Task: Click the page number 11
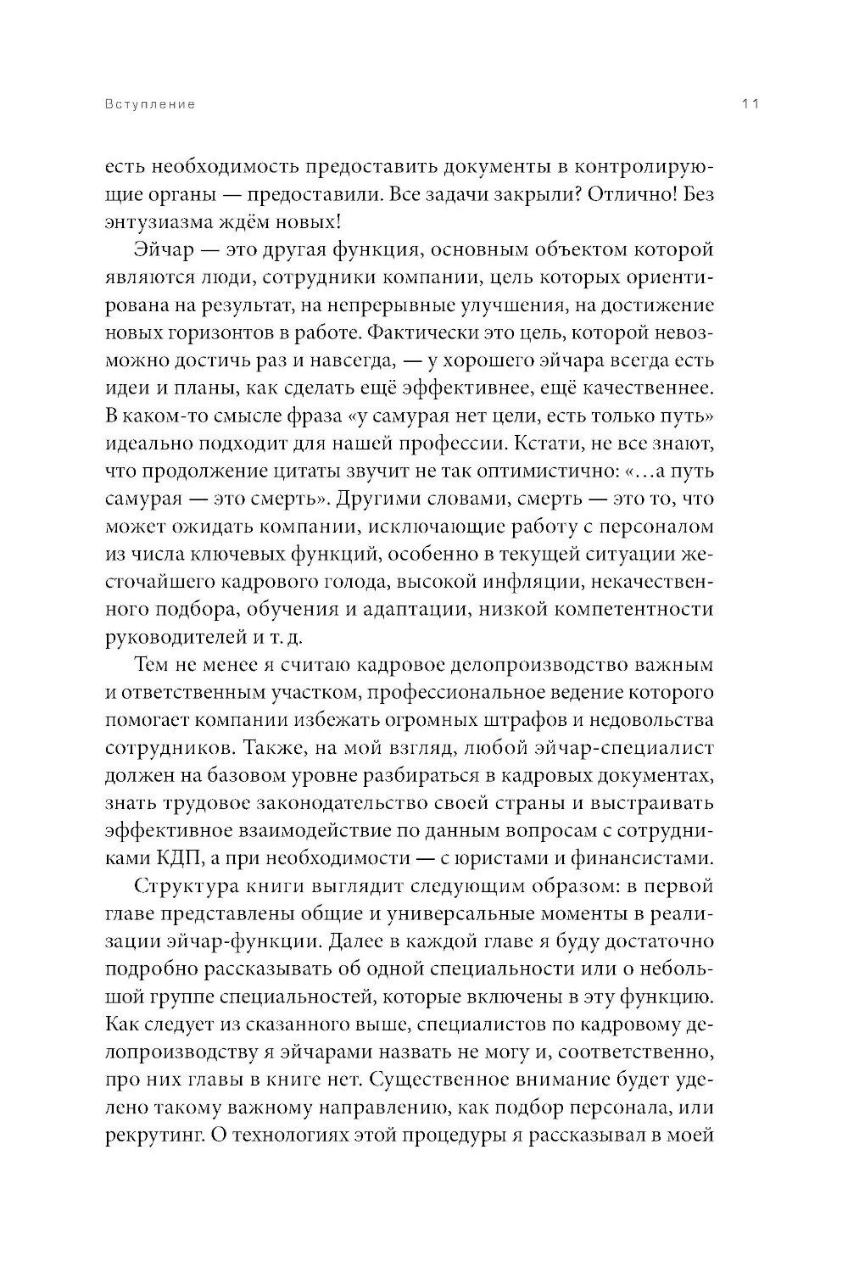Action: click(x=749, y=104)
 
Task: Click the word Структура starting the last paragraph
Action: click(x=193, y=886)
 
